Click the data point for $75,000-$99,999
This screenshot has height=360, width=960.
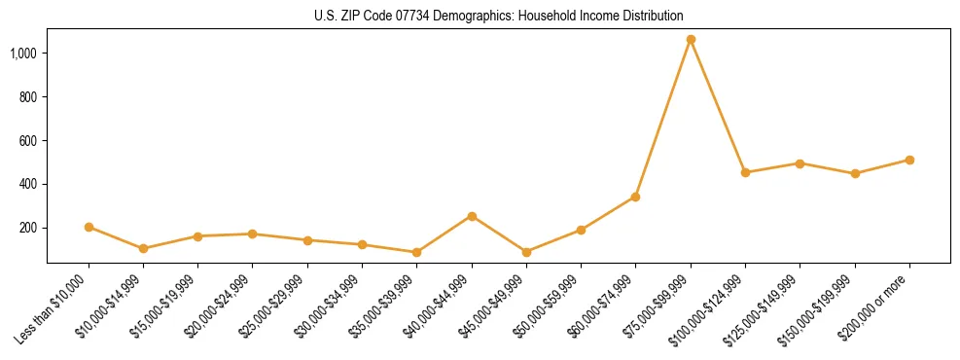click(691, 40)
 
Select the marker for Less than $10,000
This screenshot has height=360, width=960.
click(89, 227)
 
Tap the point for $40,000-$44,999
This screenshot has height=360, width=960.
click(472, 216)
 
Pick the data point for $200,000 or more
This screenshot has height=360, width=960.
click(909, 160)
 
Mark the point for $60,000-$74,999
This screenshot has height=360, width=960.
click(635, 197)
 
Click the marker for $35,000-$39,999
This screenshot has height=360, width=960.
click(416, 252)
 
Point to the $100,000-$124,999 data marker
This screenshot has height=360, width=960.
click(745, 172)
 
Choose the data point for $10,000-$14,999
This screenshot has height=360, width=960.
click(143, 248)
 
